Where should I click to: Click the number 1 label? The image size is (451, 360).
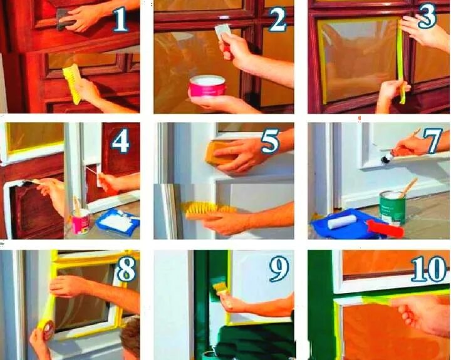click(120, 19)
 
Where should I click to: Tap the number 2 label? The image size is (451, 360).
click(277, 19)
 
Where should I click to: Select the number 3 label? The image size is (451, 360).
click(427, 18)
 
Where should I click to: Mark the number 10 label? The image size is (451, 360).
click(428, 269)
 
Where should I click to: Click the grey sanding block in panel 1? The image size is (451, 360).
click(65, 19)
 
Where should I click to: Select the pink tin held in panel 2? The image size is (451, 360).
click(207, 86)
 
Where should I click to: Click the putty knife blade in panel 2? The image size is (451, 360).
click(222, 31)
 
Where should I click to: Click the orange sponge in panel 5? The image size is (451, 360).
click(219, 153)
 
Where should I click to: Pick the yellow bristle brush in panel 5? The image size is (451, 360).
click(209, 211)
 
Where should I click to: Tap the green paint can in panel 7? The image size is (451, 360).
click(392, 208)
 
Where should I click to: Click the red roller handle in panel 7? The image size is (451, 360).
click(385, 228)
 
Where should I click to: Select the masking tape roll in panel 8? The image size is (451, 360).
click(46, 328)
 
